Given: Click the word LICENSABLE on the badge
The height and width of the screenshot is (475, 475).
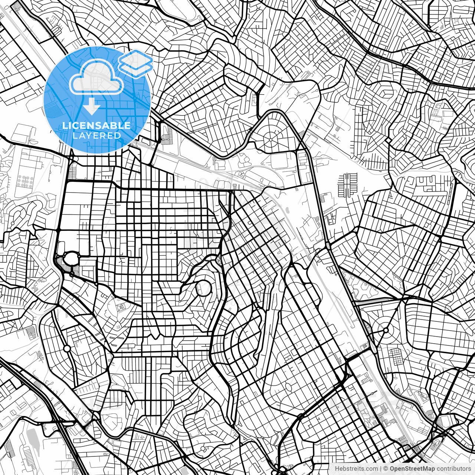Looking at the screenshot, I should tap(96, 125).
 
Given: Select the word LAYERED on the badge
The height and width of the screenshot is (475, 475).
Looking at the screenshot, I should tap(96, 135).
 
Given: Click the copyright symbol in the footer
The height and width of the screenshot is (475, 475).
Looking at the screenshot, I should tap(386, 468).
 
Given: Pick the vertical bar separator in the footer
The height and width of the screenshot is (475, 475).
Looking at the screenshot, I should tap(381, 468).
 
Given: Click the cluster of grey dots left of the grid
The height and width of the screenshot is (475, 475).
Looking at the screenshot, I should tap(25, 181).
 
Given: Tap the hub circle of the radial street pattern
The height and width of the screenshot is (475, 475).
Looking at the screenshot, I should tap(271, 140).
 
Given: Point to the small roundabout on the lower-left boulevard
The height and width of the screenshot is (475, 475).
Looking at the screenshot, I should tap(67, 348).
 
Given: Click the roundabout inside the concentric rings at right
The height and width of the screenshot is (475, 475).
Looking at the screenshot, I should tap(386, 330).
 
